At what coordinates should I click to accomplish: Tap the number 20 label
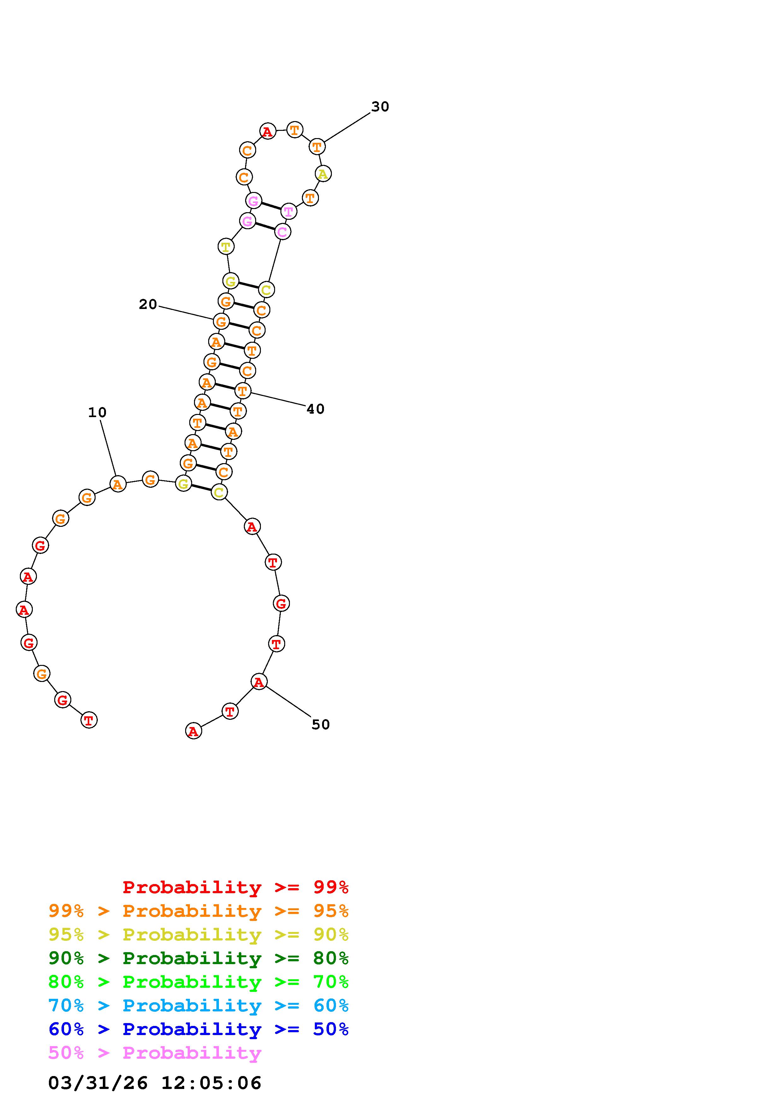[x=148, y=305]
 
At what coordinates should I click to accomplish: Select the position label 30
[x=380, y=107]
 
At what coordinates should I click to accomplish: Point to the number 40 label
[x=315, y=409]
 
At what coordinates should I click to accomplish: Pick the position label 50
[x=320, y=725]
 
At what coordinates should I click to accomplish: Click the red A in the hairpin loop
[x=268, y=131]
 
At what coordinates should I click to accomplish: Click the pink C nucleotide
[x=282, y=232]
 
